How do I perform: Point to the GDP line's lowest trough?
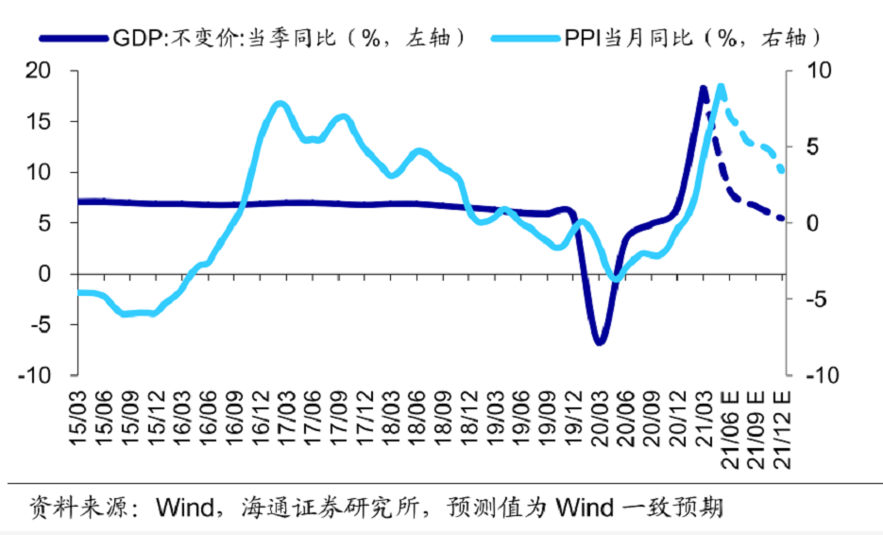coord(599,341)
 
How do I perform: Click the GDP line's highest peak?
coord(704,89)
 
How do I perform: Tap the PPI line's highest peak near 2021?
coord(721,87)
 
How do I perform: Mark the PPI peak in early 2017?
coord(279,104)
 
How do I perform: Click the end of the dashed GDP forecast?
coord(783,219)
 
